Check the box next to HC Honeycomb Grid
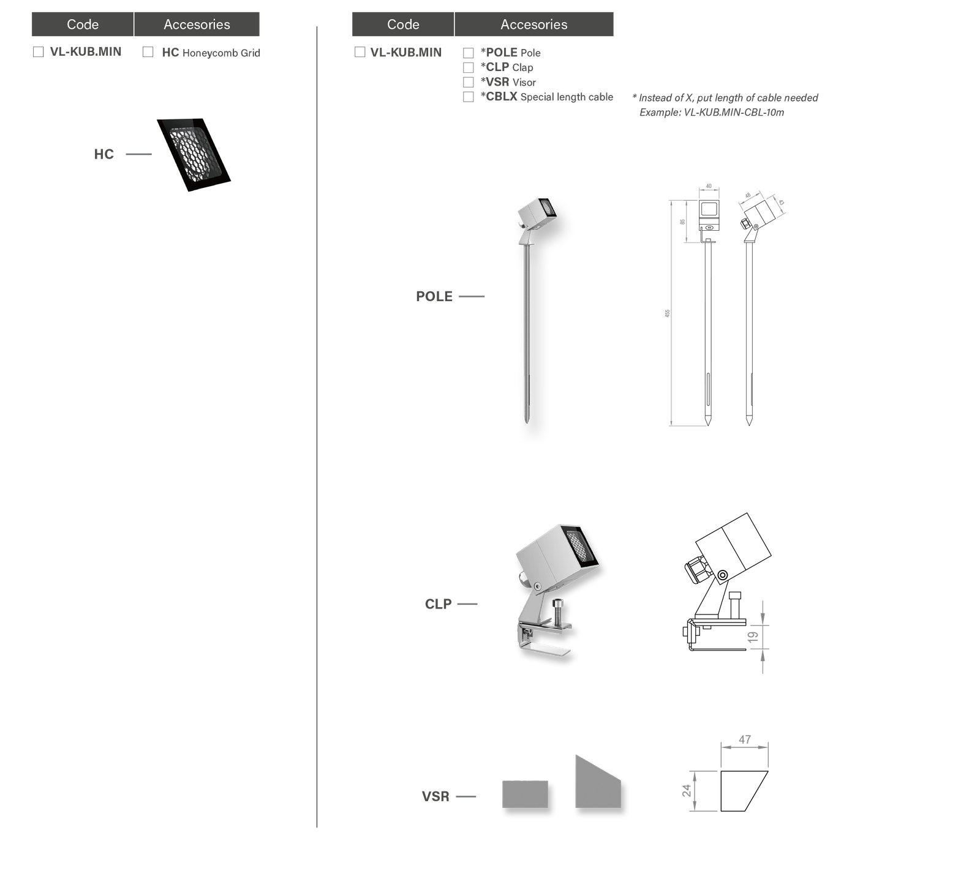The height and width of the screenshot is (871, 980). coord(148,52)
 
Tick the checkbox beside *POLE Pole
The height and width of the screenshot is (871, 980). coord(469,53)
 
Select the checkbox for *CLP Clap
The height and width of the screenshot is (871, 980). coord(469,67)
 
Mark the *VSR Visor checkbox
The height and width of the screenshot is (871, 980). coord(469,82)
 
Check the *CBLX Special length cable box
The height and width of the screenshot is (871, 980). coord(469,97)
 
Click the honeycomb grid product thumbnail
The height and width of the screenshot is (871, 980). coord(192,155)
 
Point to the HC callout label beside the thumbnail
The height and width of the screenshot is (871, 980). coord(104,155)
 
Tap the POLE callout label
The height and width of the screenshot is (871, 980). coord(434,297)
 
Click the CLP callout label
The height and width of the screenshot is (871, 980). coord(439,605)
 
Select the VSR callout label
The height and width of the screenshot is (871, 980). coord(435,796)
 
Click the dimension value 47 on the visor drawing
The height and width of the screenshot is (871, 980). coord(744,739)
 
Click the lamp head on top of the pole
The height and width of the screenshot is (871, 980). coord(537,213)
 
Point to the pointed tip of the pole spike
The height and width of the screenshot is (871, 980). coord(526,420)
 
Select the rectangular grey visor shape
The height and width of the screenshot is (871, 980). coord(525,794)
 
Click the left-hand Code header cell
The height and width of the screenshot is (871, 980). coord(83,24)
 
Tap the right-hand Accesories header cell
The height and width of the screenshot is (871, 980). coord(533,24)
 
